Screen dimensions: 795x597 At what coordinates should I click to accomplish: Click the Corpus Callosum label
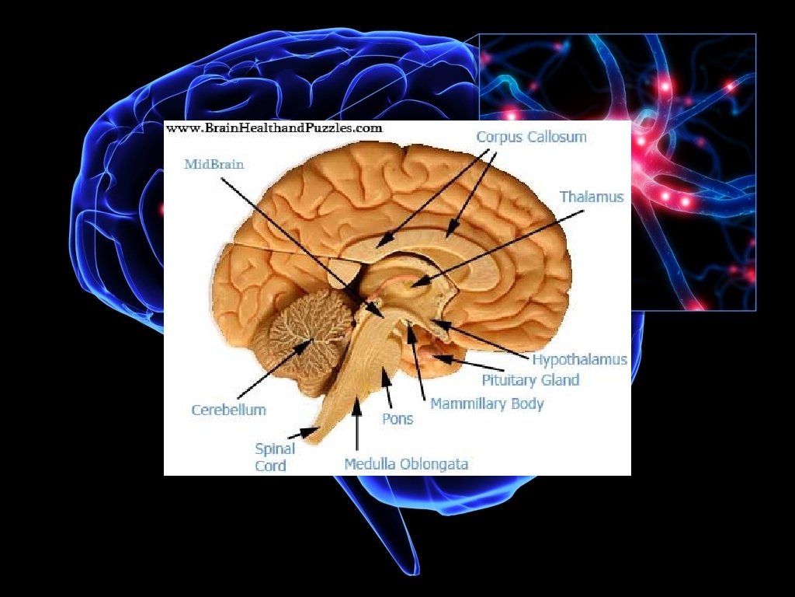coord(531,137)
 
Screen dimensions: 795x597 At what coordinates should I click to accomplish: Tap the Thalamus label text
coord(592,197)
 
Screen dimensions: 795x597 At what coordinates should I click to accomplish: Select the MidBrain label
coord(214,164)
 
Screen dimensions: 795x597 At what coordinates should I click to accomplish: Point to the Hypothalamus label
coord(579,360)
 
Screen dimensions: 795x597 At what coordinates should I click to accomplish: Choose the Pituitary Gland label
coord(530,380)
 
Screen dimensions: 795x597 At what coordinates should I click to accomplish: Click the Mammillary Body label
coord(487,403)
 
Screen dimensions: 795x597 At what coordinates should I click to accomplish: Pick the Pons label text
coord(397,419)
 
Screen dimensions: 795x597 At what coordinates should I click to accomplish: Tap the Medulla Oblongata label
coord(406,464)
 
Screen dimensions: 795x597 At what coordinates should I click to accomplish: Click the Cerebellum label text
coord(228,410)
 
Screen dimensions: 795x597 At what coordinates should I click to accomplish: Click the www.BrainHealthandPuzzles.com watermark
coord(274,128)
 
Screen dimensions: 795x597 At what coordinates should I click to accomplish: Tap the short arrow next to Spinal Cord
coord(304,432)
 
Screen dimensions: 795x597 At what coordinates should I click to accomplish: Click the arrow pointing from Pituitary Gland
coord(469,363)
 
